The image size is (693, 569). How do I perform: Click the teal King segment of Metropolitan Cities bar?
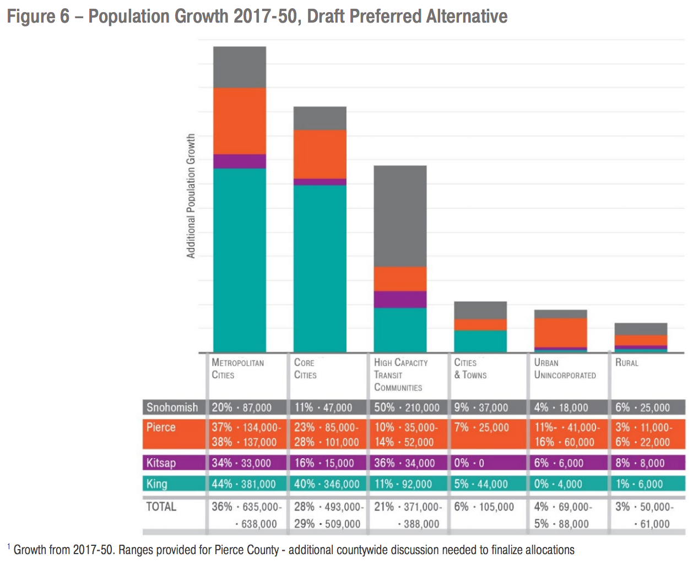click(240, 260)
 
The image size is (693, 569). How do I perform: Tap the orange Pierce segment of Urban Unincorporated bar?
click(560, 332)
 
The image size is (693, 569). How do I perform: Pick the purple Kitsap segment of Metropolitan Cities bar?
click(240, 161)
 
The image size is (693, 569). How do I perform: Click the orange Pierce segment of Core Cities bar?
click(320, 154)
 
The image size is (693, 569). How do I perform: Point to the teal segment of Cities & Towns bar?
click(480, 341)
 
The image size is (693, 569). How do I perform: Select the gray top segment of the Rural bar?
click(641, 329)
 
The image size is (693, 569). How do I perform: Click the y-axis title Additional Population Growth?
click(191, 196)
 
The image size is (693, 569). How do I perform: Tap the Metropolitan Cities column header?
click(237, 369)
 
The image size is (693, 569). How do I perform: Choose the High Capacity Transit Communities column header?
click(400, 375)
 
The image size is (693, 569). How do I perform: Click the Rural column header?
click(627, 363)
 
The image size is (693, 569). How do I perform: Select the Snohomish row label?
click(172, 407)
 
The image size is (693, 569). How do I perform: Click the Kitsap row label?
click(161, 463)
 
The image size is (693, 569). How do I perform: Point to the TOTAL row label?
click(161, 507)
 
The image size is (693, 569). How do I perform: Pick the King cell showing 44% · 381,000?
click(243, 484)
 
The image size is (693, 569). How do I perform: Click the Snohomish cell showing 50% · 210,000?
click(407, 407)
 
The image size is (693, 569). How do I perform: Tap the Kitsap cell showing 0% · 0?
click(469, 463)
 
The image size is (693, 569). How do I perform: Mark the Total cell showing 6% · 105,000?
click(484, 507)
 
